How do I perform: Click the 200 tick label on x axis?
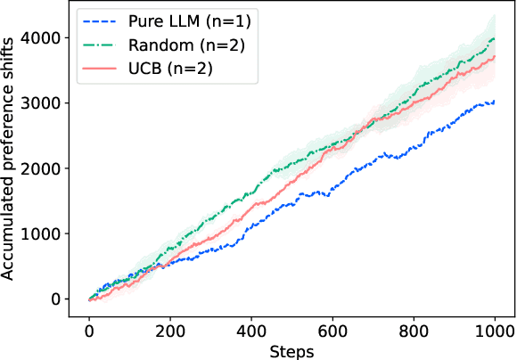click(170, 330)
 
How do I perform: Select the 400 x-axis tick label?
click(250, 330)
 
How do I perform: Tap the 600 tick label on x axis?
click(332, 330)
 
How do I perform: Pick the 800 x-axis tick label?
click(413, 330)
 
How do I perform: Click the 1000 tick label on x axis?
click(494, 330)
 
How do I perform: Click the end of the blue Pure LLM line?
click(494, 102)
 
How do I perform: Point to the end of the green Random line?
click(494, 38)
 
